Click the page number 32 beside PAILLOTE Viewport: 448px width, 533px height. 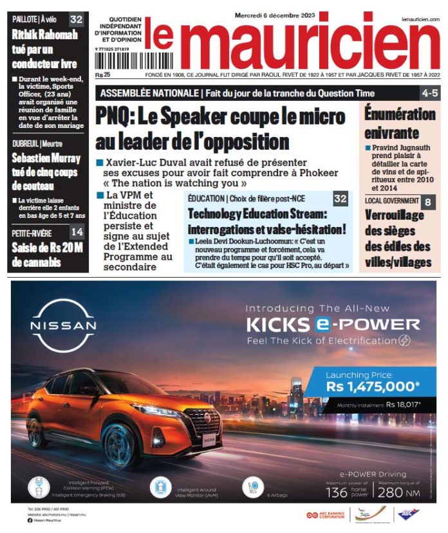click(77, 19)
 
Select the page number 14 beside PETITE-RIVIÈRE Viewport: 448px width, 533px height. click(77, 232)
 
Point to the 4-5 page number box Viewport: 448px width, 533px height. click(429, 93)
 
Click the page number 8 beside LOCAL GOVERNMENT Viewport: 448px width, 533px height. click(428, 202)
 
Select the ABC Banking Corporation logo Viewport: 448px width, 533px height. click(326, 515)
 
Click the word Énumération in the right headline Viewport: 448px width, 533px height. click(400, 114)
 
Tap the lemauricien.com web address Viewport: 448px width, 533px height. click(419, 19)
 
